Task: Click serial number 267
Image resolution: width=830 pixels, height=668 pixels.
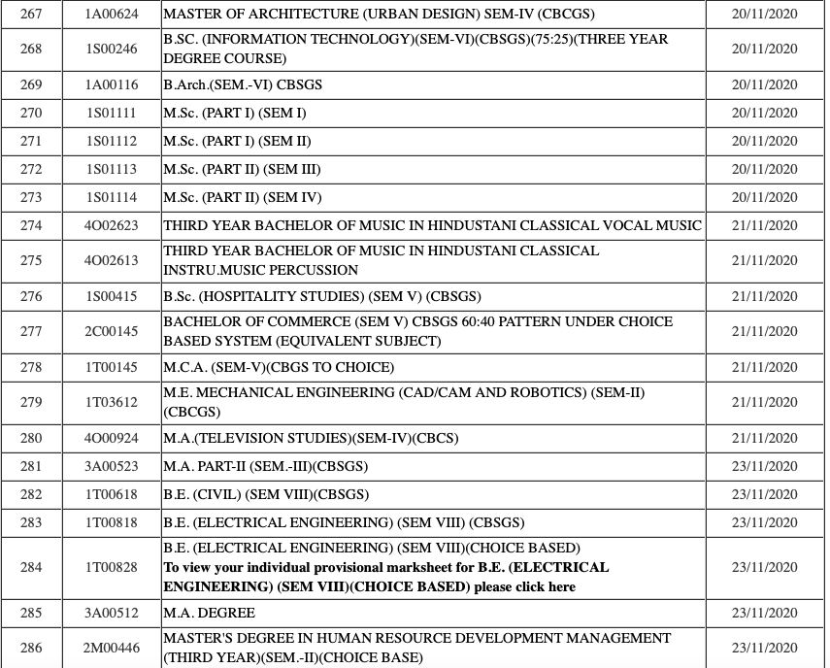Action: click(31, 15)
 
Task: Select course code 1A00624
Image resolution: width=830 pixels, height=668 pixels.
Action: click(112, 15)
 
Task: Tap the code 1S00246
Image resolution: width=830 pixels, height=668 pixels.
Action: click(112, 49)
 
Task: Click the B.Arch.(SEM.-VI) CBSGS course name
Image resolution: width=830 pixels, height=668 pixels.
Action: click(243, 84)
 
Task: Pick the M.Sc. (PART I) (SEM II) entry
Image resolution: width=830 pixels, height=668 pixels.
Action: click(237, 141)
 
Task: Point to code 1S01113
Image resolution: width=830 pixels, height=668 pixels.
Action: click(112, 169)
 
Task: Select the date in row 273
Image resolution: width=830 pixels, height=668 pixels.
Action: click(764, 197)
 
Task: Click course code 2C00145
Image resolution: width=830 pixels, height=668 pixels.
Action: click(112, 331)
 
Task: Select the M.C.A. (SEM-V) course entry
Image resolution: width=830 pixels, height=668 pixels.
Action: click(279, 367)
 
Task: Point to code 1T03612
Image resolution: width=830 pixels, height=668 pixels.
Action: click(112, 402)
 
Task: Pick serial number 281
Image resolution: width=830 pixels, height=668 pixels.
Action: click(31, 466)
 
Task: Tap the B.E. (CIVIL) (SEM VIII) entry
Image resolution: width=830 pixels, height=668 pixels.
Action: click(266, 494)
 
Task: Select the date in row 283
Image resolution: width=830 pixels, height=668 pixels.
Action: click(764, 522)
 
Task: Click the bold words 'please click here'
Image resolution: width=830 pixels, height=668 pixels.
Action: click(524, 586)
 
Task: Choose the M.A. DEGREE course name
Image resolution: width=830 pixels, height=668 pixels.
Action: click(210, 613)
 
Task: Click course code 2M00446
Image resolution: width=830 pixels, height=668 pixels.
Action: click(112, 648)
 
